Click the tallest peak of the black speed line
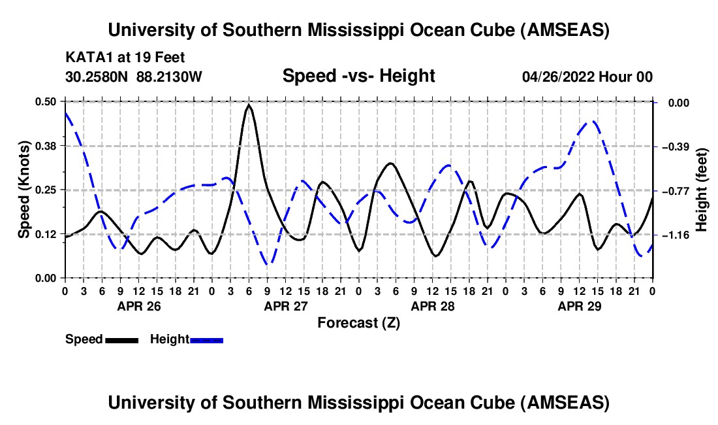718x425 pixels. [x=249, y=105]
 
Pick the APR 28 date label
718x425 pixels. [x=432, y=306]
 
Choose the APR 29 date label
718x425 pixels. [x=579, y=306]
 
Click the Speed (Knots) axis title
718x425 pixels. [x=23, y=189]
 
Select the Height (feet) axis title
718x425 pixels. [x=702, y=189]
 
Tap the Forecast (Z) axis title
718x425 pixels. [x=358, y=322]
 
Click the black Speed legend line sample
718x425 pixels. [x=121, y=339]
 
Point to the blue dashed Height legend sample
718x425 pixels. [x=207, y=339]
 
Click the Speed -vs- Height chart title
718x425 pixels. [x=358, y=76]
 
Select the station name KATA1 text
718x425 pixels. [x=87, y=58]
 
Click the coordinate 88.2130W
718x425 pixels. [x=169, y=76]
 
